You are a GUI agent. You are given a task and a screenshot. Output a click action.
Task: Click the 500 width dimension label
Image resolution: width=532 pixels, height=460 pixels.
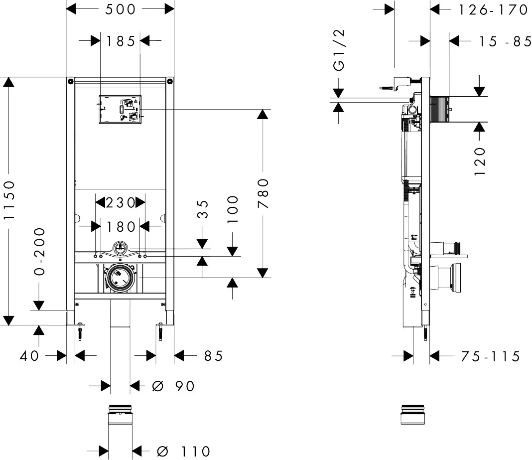tap(121, 9)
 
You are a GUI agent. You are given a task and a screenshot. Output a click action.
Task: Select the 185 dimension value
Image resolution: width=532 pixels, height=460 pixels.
tap(121, 41)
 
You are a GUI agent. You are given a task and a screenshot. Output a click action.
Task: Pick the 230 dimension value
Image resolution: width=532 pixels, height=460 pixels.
tap(121, 203)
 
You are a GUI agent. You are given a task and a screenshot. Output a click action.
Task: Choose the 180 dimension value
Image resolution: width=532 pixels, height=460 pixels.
tap(121, 227)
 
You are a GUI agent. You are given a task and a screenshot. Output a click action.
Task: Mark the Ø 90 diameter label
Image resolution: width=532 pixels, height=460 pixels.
tap(173, 386)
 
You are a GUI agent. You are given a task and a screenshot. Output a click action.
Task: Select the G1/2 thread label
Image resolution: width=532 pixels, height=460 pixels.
tap(339, 50)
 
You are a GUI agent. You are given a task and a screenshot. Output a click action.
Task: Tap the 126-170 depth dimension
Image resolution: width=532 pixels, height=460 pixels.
tap(493, 9)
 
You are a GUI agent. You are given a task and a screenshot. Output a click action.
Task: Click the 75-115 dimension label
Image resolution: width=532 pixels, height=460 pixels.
tap(490, 356)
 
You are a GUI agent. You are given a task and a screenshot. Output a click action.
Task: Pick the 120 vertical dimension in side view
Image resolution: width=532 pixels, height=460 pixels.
tap(479, 160)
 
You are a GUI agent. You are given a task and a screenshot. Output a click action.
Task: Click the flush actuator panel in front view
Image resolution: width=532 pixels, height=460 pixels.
tap(121, 109)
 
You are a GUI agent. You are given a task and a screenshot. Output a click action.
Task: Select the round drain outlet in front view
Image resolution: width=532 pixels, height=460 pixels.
tap(119, 277)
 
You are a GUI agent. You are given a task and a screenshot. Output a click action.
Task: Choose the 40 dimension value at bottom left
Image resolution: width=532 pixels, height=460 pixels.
tap(29, 356)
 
